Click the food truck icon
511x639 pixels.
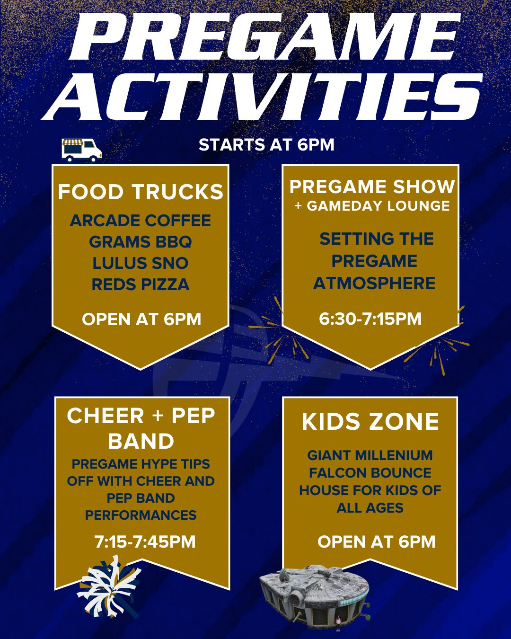(82, 150)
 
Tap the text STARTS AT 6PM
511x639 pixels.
(266, 145)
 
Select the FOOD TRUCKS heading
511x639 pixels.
(141, 192)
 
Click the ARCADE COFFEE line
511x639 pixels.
(141, 221)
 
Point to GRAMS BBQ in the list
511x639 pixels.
(141, 242)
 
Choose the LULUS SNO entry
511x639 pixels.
(141, 263)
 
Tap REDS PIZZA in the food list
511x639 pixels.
(141, 284)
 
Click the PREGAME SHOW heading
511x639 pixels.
(372, 186)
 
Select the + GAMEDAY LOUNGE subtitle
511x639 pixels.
(372, 206)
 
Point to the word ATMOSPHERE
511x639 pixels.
(374, 283)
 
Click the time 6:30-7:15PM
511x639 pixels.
(370, 319)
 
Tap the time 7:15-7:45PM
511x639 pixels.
(145, 541)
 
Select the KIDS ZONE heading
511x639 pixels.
(370, 422)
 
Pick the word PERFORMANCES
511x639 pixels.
(141, 515)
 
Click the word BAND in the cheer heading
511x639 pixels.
(141, 441)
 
